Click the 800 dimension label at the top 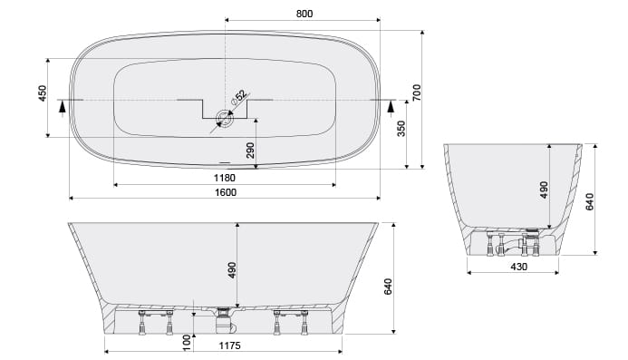304,14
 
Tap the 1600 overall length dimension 226,192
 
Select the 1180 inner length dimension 225,178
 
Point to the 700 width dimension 417,92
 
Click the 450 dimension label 42,93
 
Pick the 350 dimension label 401,128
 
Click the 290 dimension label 250,151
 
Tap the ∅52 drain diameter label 238,97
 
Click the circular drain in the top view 225,118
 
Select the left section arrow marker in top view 62,108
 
